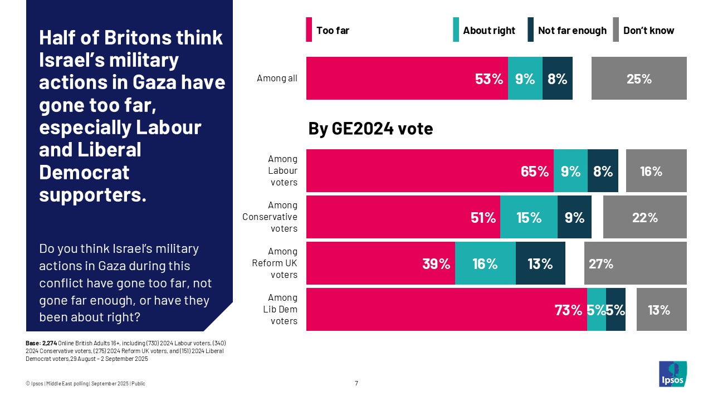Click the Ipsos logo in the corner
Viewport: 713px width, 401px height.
pos(672,374)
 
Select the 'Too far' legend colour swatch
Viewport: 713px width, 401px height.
pos(309,30)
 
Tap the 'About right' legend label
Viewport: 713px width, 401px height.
pos(489,31)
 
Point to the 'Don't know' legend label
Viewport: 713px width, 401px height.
pos(648,31)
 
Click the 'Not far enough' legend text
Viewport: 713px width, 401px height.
pos(572,31)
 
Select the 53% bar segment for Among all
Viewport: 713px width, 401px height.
pos(407,79)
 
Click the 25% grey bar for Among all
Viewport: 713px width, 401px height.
pos(639,79)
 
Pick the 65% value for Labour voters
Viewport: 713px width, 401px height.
pos(534,171)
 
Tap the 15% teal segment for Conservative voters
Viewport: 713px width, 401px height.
pos(529,217)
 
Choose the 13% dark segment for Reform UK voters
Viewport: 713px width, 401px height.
pos(540,263)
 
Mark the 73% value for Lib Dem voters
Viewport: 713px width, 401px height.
pos(568,310)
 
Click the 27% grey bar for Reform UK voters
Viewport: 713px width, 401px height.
pos(635,263)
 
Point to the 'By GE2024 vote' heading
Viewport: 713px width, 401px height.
pos(370,129)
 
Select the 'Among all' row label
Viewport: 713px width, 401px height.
pos(277,79)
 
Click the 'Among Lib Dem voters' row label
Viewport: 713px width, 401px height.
pos(284,309)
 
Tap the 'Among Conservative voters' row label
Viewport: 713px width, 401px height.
pos(270,217)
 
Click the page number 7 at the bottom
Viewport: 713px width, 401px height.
pos(356,383)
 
